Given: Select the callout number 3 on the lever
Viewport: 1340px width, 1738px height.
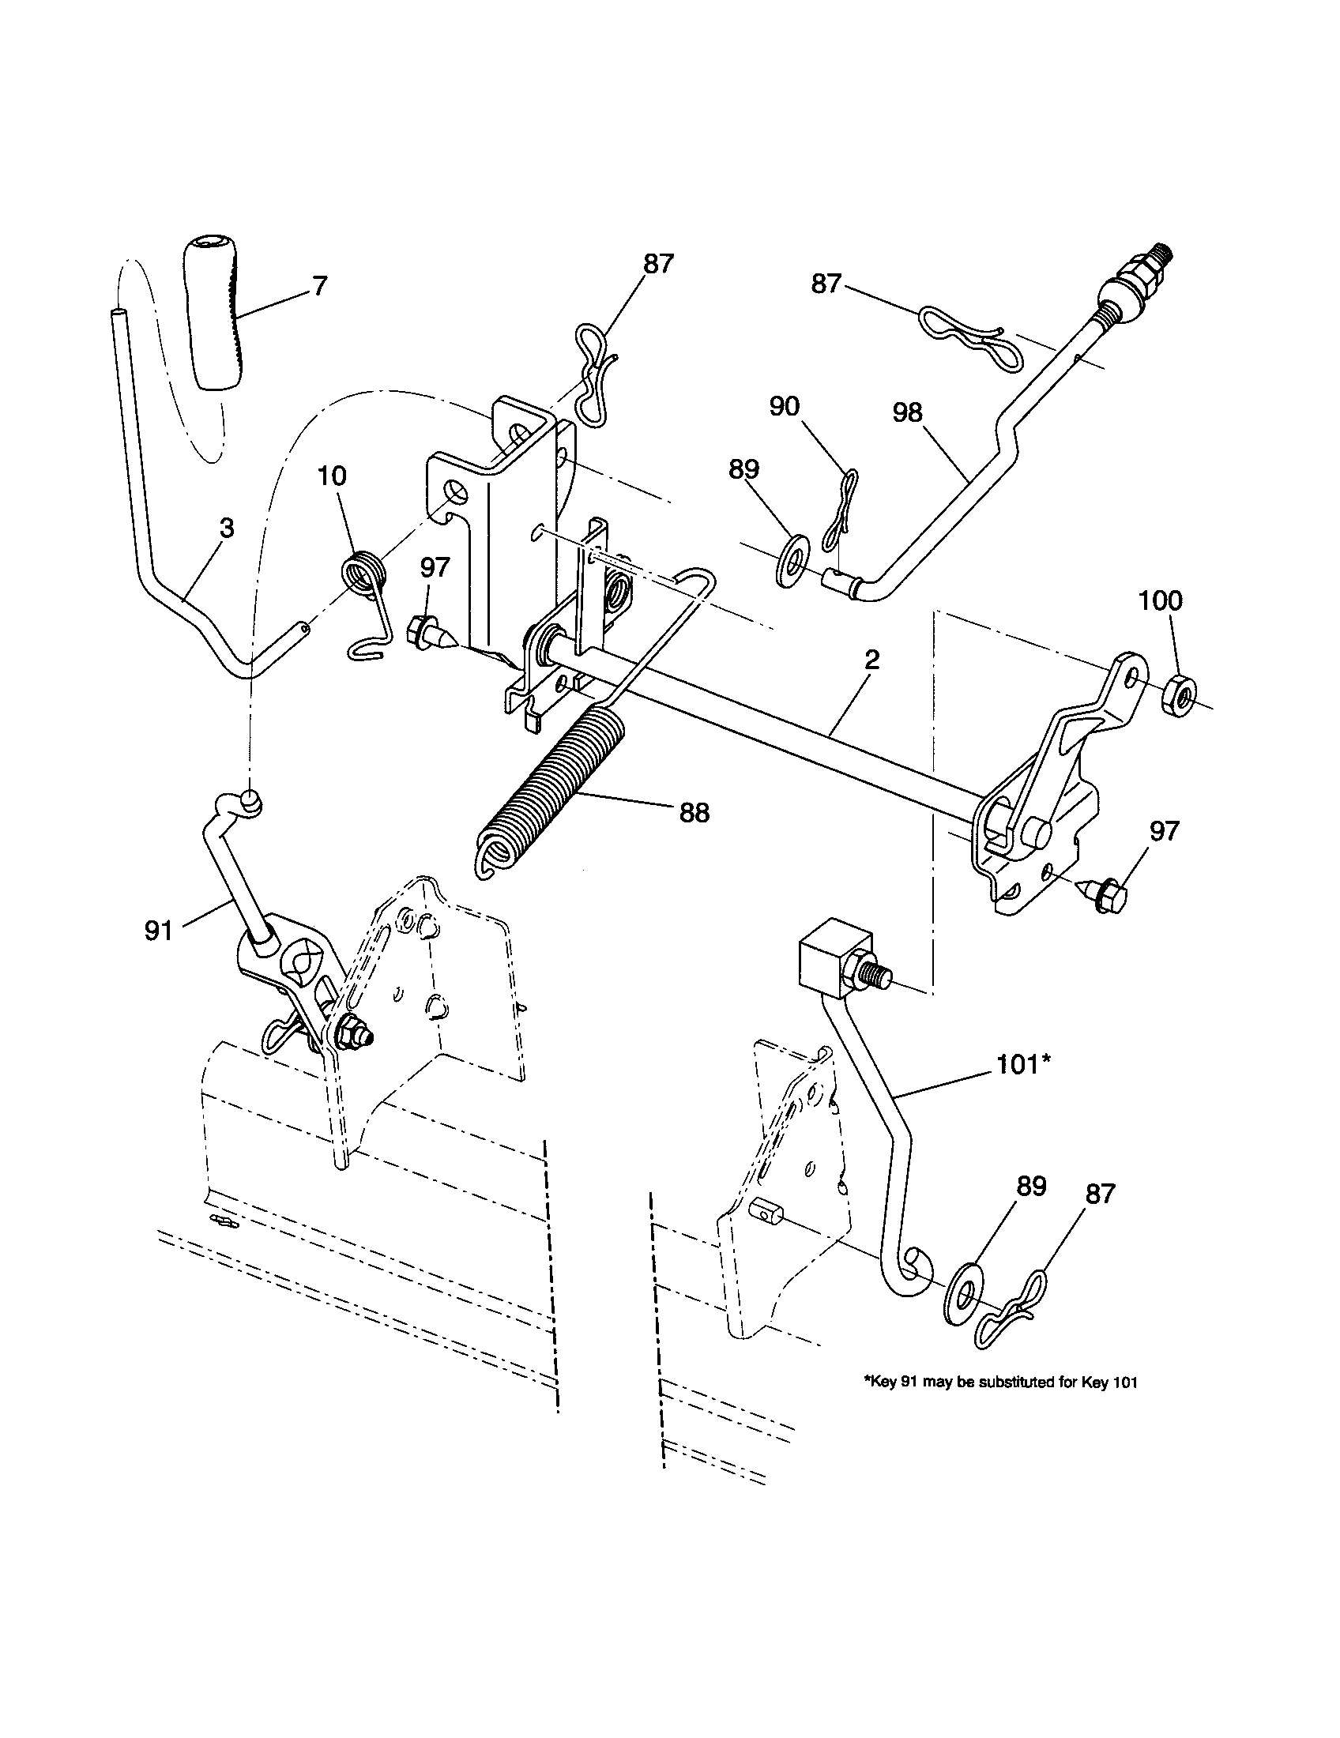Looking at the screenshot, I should tap(227, 528).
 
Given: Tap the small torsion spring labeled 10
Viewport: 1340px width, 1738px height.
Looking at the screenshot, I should tap(364, 573).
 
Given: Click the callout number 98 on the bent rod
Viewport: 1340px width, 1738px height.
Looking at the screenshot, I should tap(908, 412).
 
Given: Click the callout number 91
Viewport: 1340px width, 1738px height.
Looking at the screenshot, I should tap(159, 931).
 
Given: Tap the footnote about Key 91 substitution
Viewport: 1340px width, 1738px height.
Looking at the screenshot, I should tap(1000, 1383).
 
